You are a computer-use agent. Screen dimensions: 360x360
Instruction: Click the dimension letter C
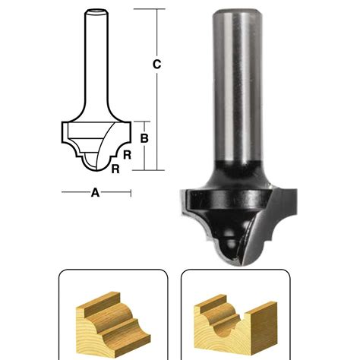[156, 65]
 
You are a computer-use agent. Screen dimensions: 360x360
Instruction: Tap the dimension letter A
[96, 193]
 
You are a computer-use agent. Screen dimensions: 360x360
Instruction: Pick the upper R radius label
[128, 154]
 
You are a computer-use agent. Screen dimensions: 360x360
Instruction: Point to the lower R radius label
[115, 169]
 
